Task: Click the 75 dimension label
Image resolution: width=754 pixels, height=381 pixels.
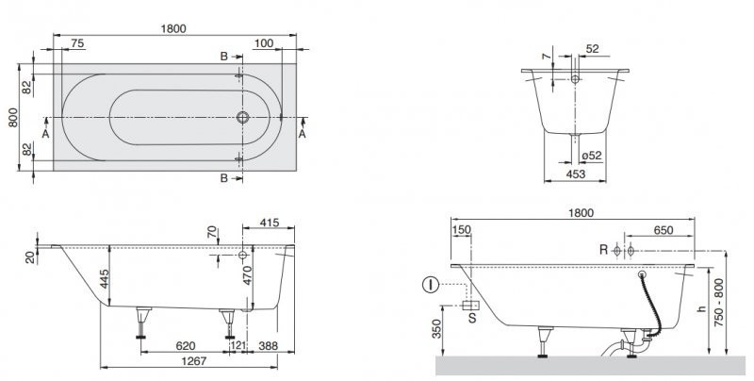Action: (x=77, y=43)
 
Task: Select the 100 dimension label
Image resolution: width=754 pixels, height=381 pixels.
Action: (x=264, y=43)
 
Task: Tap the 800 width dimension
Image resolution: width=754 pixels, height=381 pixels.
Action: (x=13, y=117)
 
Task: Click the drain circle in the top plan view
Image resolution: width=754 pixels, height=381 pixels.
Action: (x=243, y=117)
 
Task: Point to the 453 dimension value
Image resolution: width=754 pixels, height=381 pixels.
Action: (x=576, y=174)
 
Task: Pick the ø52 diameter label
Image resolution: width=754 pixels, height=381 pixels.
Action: (x=591, y=156)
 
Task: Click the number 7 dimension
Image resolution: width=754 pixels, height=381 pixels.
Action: (x=546, y=57)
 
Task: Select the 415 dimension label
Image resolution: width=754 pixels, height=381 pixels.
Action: (x=269, y=224)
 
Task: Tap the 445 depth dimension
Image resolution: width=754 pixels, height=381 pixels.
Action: (x=106, y=279)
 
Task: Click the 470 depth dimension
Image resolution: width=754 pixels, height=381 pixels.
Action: (x=248, y=275)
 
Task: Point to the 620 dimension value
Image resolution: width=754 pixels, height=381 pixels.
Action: (x=185, y=346)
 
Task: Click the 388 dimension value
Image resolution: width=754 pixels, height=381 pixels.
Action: (x=269, y=346)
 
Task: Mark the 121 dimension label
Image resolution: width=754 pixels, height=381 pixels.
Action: (x=238, y=346)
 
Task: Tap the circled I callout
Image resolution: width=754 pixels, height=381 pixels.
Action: (x=431, y=285)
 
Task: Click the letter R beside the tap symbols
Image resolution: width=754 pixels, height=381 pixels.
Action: (x=603, y=250)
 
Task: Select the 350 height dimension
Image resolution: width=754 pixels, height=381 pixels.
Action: (x=436, y=329)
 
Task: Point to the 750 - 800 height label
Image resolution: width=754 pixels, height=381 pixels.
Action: (x=718, y=303)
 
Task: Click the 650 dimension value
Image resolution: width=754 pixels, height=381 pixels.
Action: (x=664, y=230)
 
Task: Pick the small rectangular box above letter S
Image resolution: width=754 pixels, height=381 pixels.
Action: (x=470, y=306)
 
